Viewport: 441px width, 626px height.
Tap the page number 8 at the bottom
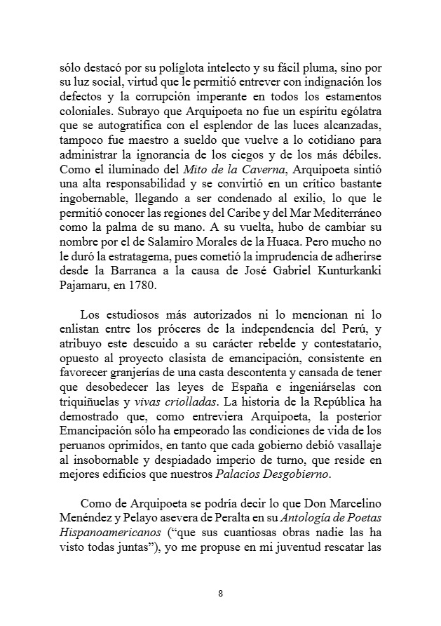[x=220, y=594]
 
